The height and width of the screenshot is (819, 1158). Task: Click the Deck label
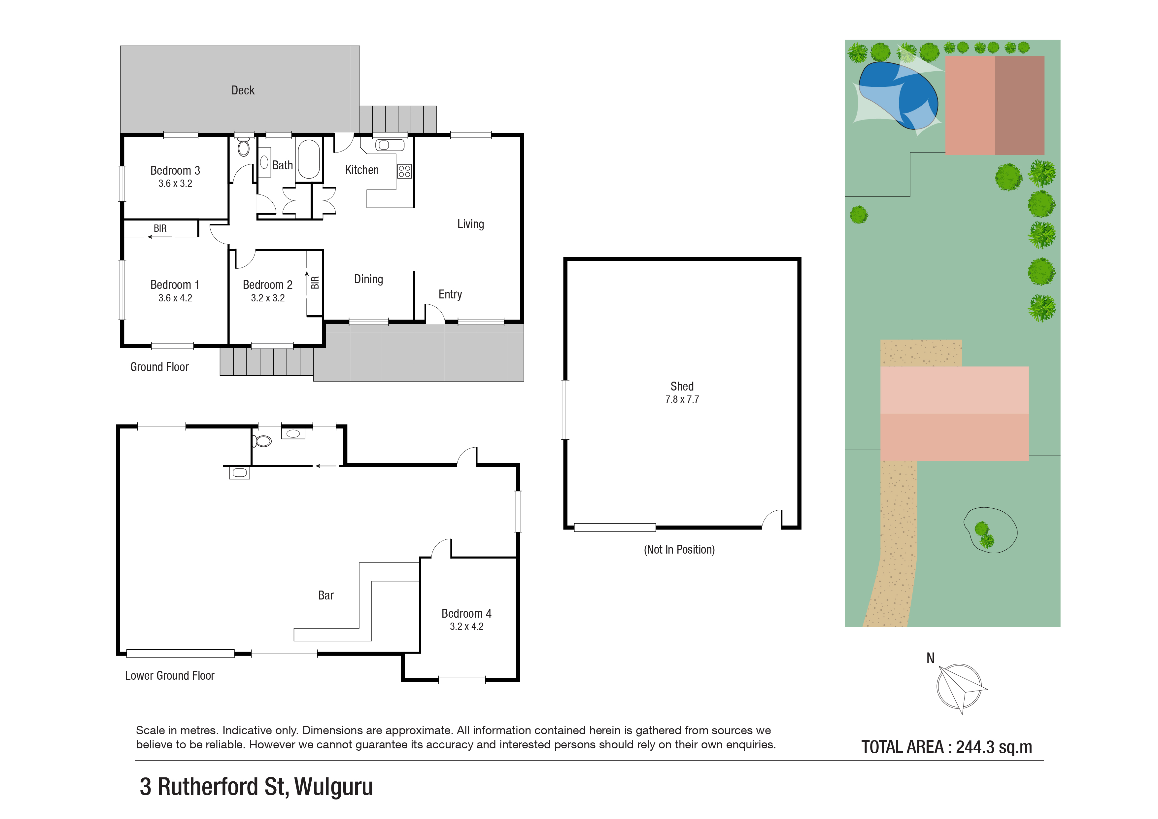[x=243, y=90]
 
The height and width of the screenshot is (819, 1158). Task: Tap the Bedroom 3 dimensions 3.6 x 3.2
[x=175, y=184]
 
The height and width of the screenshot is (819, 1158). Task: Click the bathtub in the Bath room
[x=309, y=159]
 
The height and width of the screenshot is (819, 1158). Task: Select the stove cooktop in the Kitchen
[x=404, y=171]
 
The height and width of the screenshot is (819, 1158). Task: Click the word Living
[x=470, y=224]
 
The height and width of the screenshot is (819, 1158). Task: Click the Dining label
[x=368, y=279]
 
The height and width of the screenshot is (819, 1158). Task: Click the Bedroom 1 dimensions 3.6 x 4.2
[x=175, y=298]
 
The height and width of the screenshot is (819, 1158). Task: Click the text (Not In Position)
[x=679, y=549]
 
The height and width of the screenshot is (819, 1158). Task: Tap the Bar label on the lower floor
[x=325, y=595]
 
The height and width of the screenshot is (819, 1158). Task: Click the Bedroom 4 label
[x=466, y=613]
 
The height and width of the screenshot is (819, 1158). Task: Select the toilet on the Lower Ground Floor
[x=262, y=441]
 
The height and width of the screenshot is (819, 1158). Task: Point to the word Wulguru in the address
[x=333, y=786]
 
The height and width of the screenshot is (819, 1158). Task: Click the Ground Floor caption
[x=159, y=367]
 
